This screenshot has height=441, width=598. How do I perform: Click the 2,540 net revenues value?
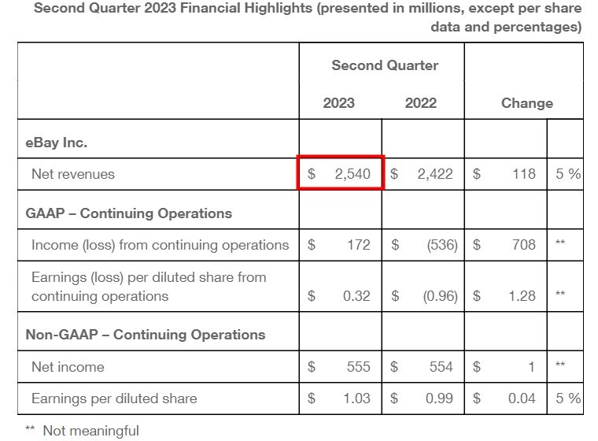point(352,174)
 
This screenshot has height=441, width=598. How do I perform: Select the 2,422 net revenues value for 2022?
point(434,174)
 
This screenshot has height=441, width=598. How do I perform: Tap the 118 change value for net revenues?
point(522,174)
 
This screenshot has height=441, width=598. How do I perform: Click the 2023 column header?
point(339,103)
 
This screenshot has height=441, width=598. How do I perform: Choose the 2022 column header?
point(421,103)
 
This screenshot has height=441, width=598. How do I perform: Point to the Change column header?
point(527,103)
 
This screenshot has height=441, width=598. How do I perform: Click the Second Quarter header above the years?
point(385,65)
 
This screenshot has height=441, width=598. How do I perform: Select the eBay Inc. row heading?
point(57,143)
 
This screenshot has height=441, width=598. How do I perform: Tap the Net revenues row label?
point(73,174)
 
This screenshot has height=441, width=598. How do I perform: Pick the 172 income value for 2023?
point(358,245)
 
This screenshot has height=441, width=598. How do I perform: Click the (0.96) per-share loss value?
point(437,296)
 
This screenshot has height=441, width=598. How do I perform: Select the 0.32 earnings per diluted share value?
point(356,296)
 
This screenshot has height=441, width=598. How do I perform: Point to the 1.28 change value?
point(521,296)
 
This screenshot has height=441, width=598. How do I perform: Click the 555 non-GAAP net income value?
point(358,367)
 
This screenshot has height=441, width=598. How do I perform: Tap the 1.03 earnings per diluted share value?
point(356,398)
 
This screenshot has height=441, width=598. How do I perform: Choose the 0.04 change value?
point(521,398)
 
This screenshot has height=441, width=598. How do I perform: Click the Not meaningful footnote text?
point(90,431)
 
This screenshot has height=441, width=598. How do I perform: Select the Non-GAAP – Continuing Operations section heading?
point(146,335)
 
